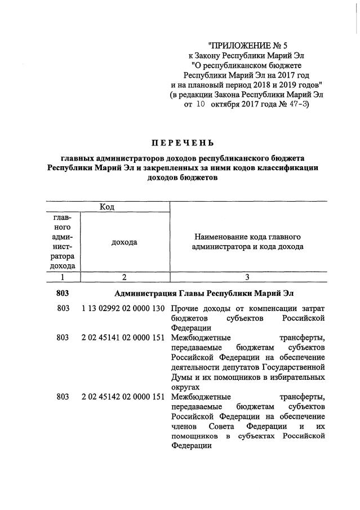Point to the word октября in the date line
[228, 104]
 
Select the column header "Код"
[107, 207]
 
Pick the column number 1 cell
[63, 277]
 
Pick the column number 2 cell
[124, 277]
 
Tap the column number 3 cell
[247, 277]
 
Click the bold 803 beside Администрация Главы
[63, 294]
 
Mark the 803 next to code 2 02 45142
[63, 397]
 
